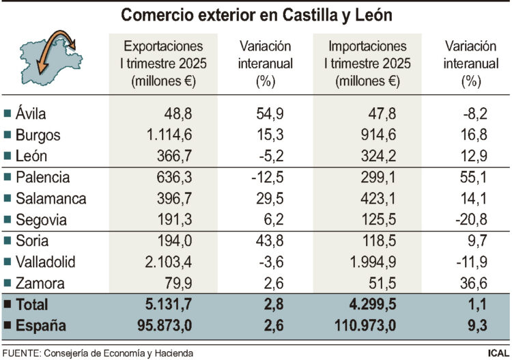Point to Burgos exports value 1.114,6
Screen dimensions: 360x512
(175, 135)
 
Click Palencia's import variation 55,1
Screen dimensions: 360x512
(470, 178)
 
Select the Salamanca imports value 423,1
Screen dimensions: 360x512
(377, 199)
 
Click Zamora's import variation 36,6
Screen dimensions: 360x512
(470, 283)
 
